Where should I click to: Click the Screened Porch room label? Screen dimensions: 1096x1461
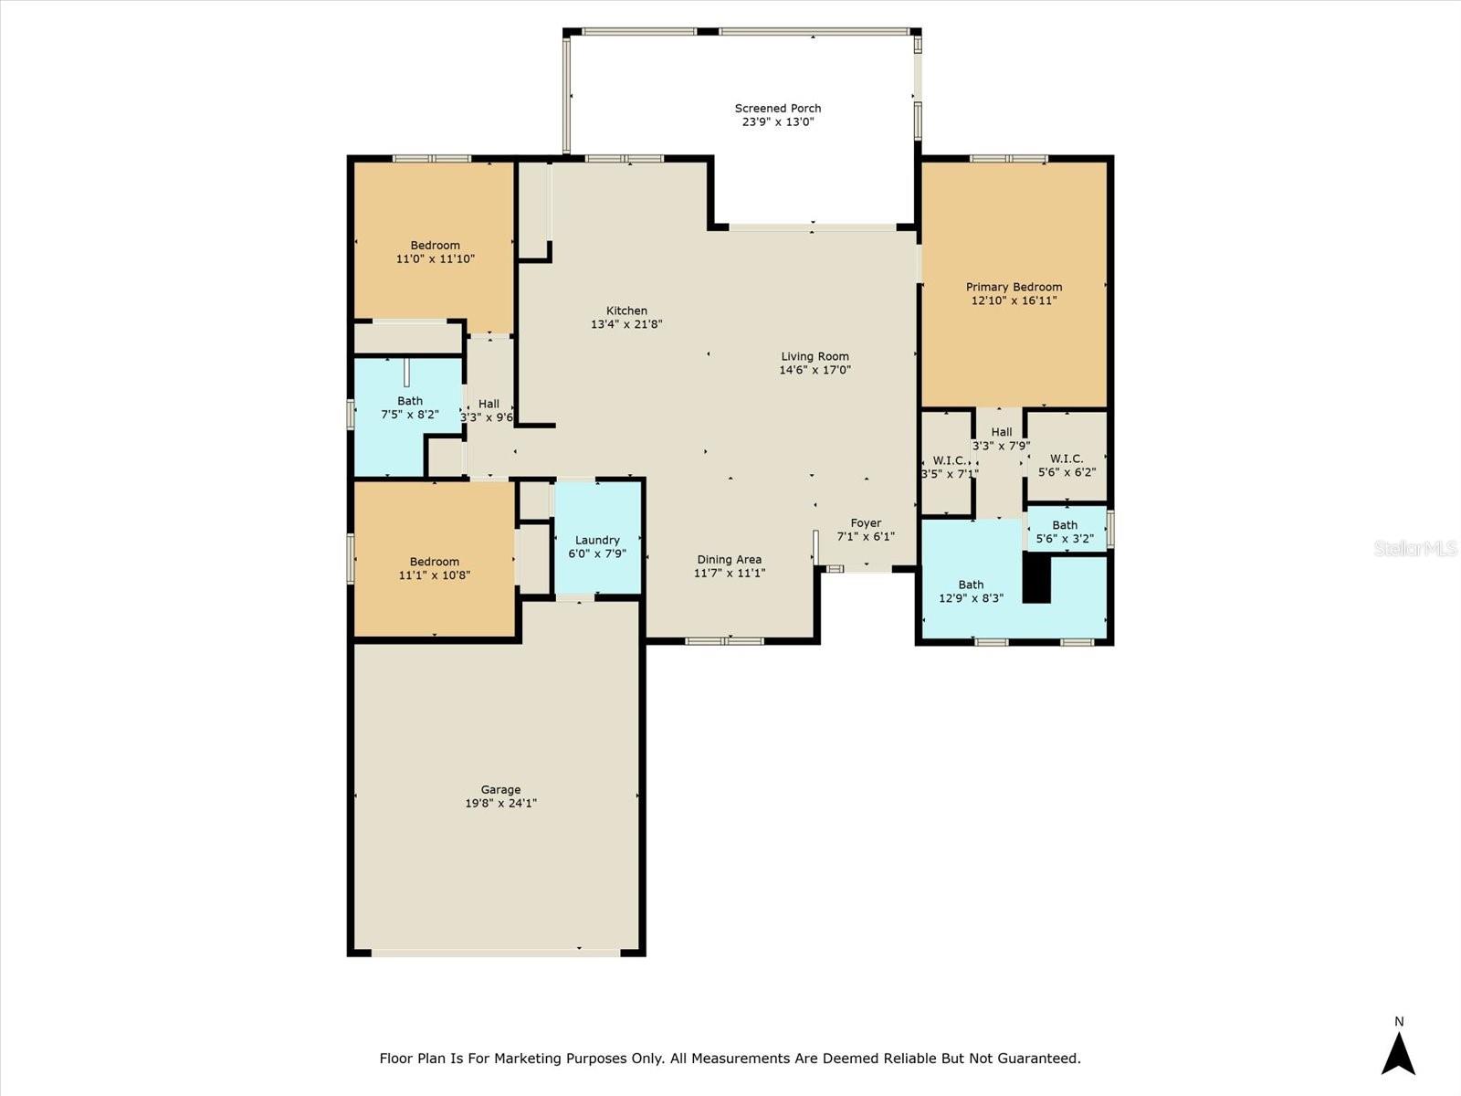point(778,108)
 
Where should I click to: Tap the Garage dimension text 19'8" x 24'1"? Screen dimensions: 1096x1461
point(500,804)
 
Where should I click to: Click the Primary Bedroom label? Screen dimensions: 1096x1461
point(1014,287)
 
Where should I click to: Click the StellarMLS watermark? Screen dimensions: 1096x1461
point(1415,548)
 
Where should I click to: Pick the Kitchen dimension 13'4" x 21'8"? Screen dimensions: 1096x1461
point(626,324)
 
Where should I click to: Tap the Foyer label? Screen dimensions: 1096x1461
point(866,523)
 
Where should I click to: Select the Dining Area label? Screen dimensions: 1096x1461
point(729,560)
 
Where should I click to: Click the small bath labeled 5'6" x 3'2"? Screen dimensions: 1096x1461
point(1065,531)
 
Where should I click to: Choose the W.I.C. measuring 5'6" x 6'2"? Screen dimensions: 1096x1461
point(1067,465)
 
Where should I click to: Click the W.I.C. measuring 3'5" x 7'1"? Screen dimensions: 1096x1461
point(947,466)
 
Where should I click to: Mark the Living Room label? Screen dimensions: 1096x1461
point(815,356)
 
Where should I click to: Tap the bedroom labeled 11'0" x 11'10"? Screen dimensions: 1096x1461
point(435,251)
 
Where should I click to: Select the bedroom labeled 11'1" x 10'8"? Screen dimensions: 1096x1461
point(434,568)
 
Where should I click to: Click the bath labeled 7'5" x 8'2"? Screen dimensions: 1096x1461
point(409,406)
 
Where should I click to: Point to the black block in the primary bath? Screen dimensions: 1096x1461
point(1036,580)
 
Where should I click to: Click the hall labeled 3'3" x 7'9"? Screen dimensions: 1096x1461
point(1002,438)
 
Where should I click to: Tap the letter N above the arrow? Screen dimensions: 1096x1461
point(1398,1022)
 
